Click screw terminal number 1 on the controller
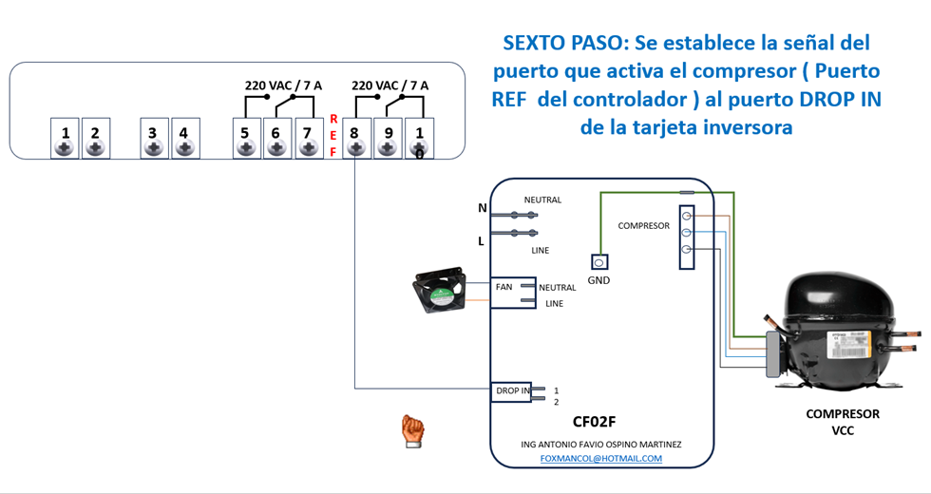click(x=66, y=139)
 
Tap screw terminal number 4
click(x=184, y=139)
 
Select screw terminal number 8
click(x=356, y=139)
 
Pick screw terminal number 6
click(x=275, y=139)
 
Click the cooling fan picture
click(x=439, y=290)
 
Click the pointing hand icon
click(x=411, y=430)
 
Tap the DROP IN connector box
click(x=512, y=390)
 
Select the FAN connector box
click(x=504, y=286)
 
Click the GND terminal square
click(x=598, y=261)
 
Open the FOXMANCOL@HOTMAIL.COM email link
click(x=600, y=458)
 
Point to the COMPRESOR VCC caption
click(x=843, y=422)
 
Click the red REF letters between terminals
click(x=332, y=135)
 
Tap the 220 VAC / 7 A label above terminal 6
click(x=283, y=85)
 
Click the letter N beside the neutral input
click(x=482, y=208)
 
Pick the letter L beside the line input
click(x=481, y=241)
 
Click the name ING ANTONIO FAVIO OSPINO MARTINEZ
click(x=600, y=444)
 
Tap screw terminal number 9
click(x=388, y=139)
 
